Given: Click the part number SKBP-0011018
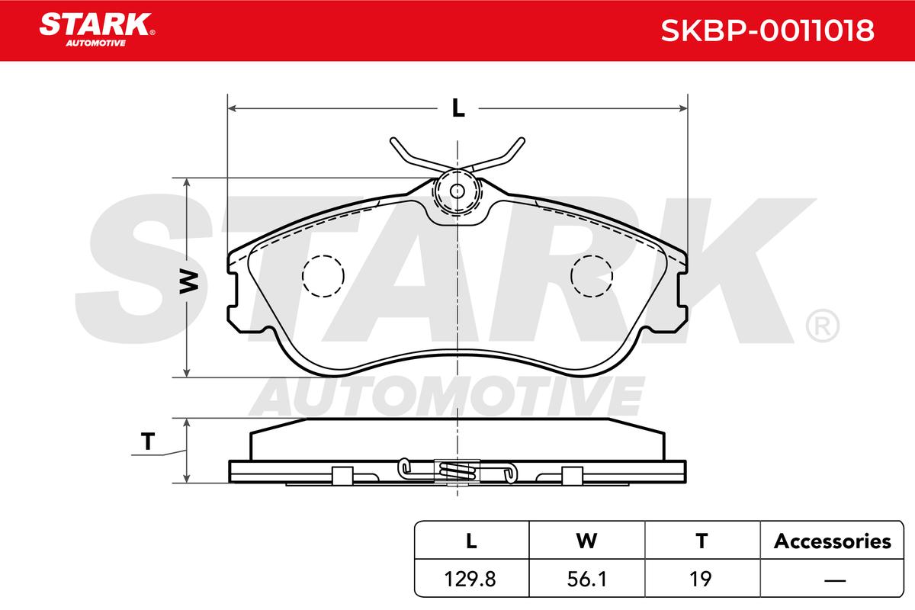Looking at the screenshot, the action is pyautogui.click(x=767, y=30).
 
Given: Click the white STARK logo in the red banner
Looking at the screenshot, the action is pyautogui.click(x=97, y=30).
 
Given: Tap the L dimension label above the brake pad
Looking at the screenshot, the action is pyautogui.click(x=458, y=109).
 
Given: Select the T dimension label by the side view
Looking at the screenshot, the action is pyautogui.click(x=148, y=441).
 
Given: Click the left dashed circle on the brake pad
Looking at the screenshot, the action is pyautogui.click(x=323, y=276).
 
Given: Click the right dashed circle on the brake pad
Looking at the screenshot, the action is pyautogui.click(x=592, y=276).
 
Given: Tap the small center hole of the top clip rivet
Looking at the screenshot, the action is pyautogui.click(x=457, y=191).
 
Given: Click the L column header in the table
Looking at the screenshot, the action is pyautogui.click(x=471, y=541).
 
